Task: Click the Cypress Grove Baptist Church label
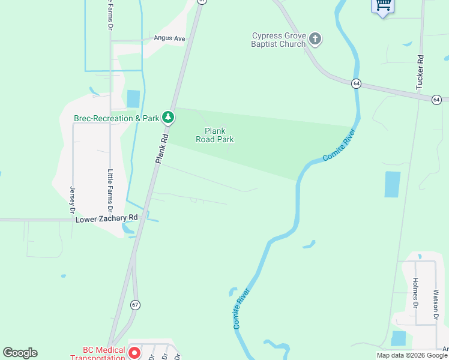(x=279, y=40)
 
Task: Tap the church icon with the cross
(x=315, y=40)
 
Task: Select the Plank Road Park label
(x=215, y=135)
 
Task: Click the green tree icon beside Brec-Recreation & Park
(x=169, y=118)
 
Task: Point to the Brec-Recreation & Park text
(x=116, y=118)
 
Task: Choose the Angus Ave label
(x=169, y=38)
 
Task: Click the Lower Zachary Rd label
(x=107, y=220)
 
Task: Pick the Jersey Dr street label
(x=73, y=200)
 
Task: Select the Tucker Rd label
(x=420, y=73)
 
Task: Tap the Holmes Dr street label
(x=415, y=293)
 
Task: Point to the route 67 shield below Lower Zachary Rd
(x=134, y=305)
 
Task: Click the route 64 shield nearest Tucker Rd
(x=436, y=99)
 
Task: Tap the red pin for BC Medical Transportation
(x=135, y=353)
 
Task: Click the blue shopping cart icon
(x=382, y=6)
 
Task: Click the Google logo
(x=20, y=353)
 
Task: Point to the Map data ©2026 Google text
(x=412, y=355)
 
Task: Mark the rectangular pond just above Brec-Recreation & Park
(x=133, y=99)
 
